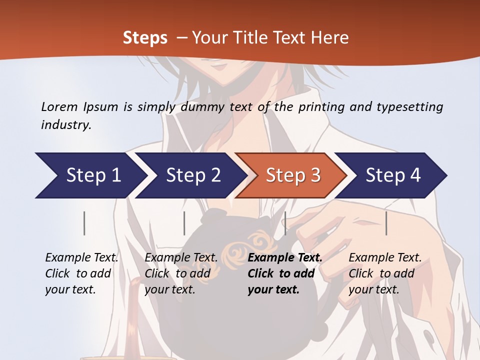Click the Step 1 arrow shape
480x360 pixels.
coord(90,175)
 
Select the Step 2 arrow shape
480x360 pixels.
coord(192,175)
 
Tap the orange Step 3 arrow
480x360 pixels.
coord(292,175)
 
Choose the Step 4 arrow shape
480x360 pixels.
coord(392,175)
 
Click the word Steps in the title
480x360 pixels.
coord(145,38)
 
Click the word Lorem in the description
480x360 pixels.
coord(59,106)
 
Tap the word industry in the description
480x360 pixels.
coord(66,125)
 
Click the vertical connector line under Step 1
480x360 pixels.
coord(84,223)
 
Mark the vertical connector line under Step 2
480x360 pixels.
coord(184,223)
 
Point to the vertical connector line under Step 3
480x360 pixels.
coord(285,223)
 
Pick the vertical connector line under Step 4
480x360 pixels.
coord(386,223)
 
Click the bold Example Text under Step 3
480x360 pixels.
coord(285,273)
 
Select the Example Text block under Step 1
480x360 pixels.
coord(81,273)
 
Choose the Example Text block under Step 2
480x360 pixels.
coord(181,273)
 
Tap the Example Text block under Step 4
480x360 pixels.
coord(385,273)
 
